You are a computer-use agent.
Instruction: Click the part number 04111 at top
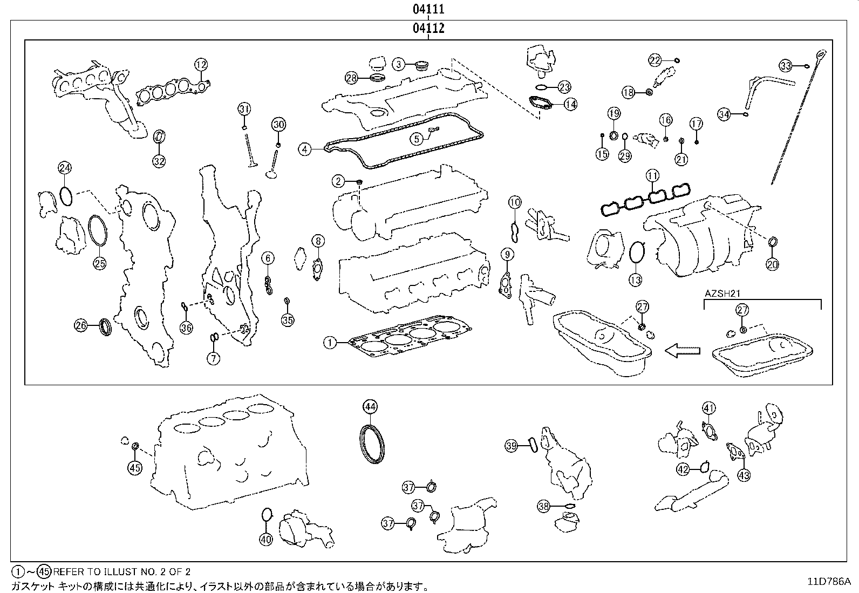[429, 9]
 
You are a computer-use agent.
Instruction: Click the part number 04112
[429, 29]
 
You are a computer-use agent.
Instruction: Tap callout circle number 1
[330, 342]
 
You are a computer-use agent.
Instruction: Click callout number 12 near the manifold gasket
[201, 65]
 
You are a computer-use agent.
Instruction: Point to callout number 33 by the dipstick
[786, 66]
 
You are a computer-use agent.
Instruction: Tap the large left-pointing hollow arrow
[682, 351]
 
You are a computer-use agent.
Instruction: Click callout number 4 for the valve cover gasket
[305, 148]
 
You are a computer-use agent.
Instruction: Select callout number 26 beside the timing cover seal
[81, 325]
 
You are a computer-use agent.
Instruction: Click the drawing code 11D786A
[828, 582]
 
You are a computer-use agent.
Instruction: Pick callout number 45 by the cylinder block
[135, 468]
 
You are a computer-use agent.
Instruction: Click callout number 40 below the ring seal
[266, 538]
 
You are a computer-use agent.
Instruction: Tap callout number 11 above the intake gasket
[653, 176]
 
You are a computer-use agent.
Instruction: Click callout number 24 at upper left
[65, 168]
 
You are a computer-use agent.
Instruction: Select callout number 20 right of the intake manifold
[773, 265]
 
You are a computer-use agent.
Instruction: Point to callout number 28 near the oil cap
[352, 78]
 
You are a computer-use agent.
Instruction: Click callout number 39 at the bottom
[512, 445]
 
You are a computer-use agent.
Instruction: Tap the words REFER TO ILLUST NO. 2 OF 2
[122, 571]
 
